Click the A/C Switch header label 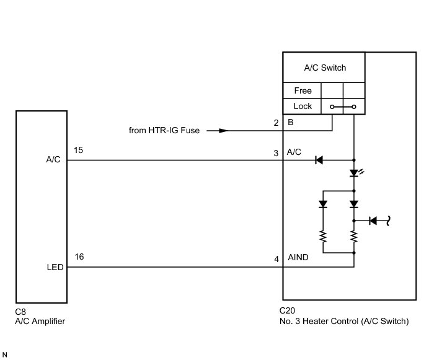(325, 68)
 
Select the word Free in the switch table (303, 90)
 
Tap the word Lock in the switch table (303, 106)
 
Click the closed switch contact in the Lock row (343, 107)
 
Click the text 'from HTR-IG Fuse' (164, 131)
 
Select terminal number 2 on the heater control (275, 123)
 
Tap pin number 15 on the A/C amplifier (78, 151)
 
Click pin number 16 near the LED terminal (79, 257)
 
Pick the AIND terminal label (298, 257)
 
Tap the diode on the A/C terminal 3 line (319, 160)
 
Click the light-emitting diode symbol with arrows (355, 173)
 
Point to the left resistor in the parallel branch (322, 236)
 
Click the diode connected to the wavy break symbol (373, 220)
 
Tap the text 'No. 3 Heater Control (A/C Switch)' (344, 322)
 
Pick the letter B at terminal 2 (290, 123)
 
